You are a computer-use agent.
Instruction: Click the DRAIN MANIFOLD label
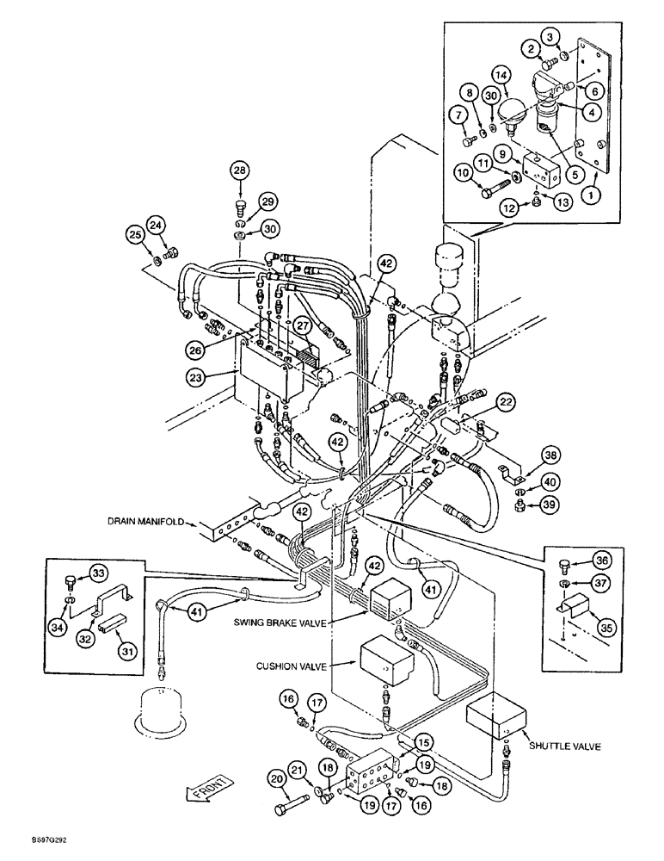coord(144,522)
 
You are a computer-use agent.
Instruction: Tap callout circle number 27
coord(302,326)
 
